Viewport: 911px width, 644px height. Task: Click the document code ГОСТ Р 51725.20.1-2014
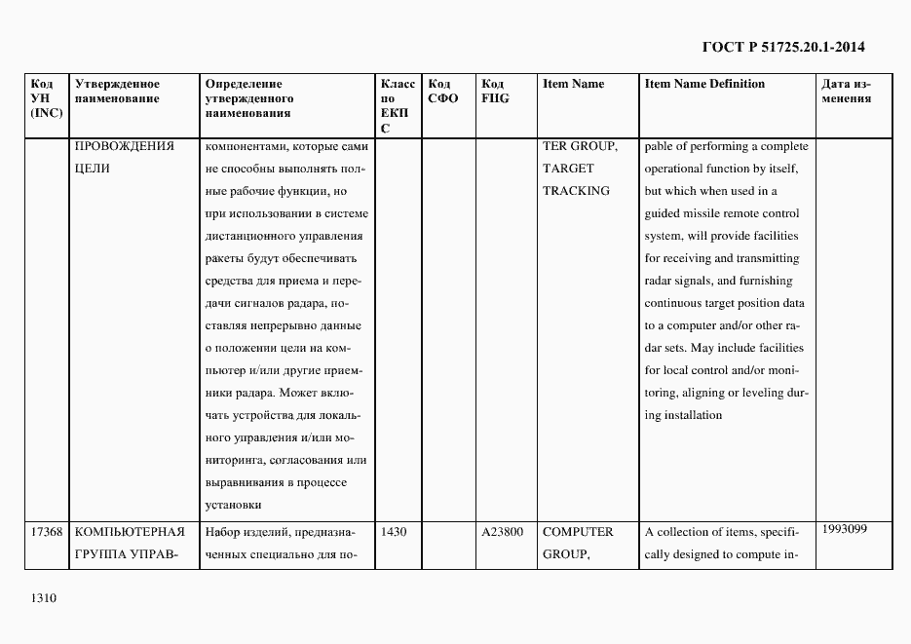point(783,47)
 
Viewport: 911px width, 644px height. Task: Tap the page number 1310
point(45,597)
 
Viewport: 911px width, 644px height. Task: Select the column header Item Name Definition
point(704,84)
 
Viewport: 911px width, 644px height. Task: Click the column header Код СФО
point(443,92)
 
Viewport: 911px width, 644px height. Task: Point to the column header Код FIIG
point(495,92)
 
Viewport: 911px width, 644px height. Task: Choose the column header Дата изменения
point(846,92)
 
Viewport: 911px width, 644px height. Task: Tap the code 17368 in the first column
point(47,532)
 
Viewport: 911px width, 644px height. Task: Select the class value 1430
point(395,532)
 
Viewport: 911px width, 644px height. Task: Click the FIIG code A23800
point(503,532)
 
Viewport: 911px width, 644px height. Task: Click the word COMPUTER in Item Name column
point(578,532)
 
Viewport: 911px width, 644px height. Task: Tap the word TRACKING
point(576,191)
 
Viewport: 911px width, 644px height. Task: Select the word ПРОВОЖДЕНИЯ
point(124,146)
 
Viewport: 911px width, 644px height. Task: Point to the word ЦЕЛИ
point(92,169)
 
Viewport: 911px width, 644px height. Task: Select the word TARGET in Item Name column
point(568,169)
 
